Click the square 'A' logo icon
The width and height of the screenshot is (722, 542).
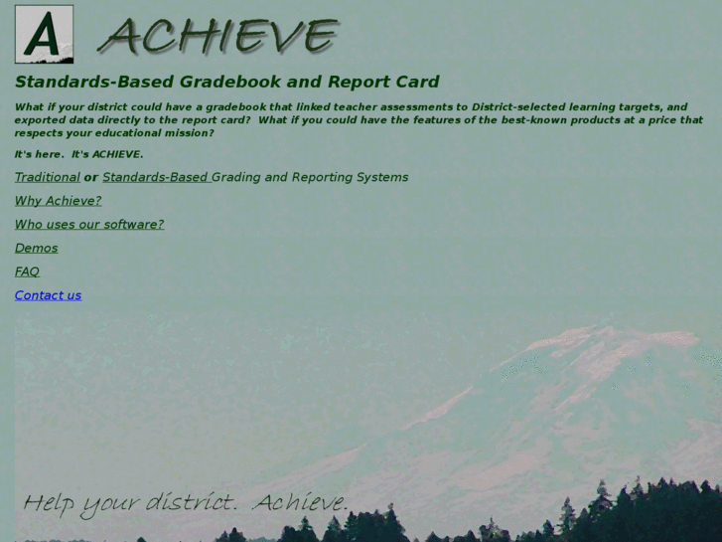click(x=44, y=35)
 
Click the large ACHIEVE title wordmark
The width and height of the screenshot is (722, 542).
click(x=219, y=37)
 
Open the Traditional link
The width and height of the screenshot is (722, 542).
click(x=47, y=177)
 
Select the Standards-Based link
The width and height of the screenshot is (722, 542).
click(x=155, y=177)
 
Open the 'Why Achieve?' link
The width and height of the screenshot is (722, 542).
click(x=58, y=201)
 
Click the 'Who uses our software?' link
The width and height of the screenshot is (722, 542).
click(x=89, y=225)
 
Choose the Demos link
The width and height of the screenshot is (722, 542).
click(x=36, y=248)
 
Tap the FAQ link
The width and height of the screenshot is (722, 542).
click(x=27, y=271)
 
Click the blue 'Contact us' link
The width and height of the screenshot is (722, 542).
click(x=48, y=295)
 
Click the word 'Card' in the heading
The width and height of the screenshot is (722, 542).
click(x=416, y=82)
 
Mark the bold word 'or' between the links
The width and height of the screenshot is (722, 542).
click(x=90, y=177)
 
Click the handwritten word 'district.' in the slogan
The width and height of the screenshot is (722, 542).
click(x=191, y=502)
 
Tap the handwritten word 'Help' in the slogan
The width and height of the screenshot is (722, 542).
click(x=48, y=503)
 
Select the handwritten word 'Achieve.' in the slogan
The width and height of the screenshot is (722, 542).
click(x=300, y=502)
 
